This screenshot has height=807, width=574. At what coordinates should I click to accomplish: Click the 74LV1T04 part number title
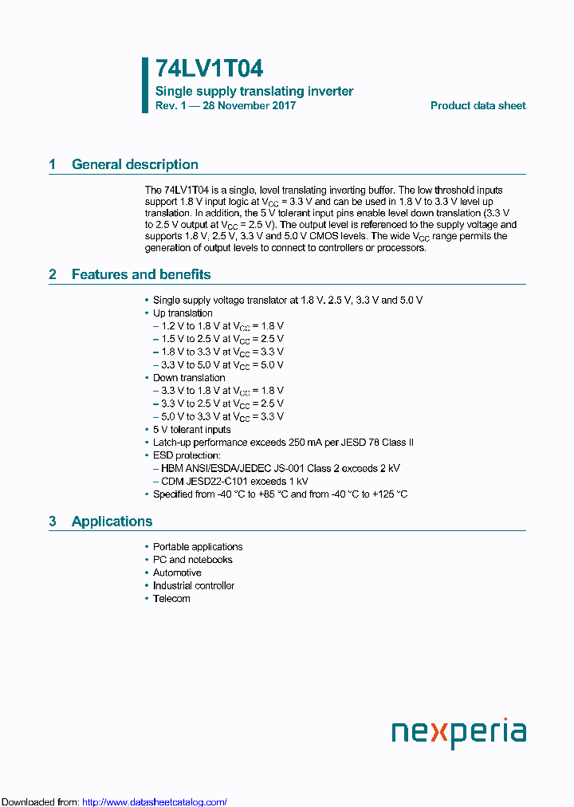[x=209, y=69]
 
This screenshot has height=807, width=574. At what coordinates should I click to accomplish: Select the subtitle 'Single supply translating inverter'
[x=254, y=92]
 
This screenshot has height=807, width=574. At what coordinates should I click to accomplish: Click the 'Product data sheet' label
[x=478, y=106]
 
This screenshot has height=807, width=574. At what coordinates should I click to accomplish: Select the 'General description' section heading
[x=135, y=165]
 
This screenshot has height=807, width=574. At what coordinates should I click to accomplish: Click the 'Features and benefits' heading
[x=141, y=275]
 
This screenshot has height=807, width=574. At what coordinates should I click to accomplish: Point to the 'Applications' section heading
[x=112, y=522]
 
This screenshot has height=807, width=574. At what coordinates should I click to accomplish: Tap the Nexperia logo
[x=458, y=732]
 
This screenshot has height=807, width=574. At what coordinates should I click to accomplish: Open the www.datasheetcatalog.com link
[x=155, y=802]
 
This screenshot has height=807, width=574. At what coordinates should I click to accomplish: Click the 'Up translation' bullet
[x=183, y=313]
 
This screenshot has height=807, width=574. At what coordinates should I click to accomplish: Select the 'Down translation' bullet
[x=189, y=378]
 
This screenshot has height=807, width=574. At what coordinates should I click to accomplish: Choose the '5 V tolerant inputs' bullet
[x=191, y=430]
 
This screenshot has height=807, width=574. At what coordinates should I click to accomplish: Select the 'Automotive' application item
[x=177, y=573]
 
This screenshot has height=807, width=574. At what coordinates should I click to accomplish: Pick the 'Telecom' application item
[x=171, y=599]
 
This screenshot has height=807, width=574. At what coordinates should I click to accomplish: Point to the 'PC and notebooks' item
[x=192, y=560]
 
